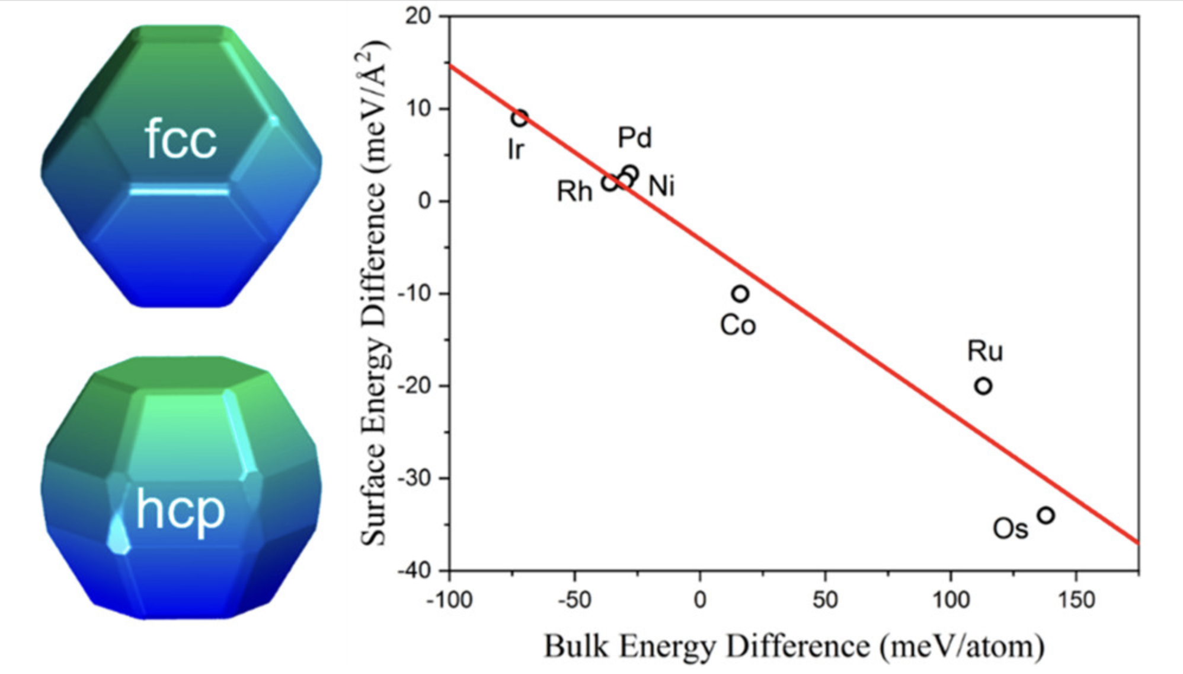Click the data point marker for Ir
pyautogui.click(x=520, y=118)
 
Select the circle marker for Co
pyautogui.click(x=740, y=294)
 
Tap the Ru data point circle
pyautogui.click(x=983, y=386)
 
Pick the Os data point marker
pyautogui.click(x=1046, y=515)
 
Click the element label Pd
pyautogui.click(x=635, y=138)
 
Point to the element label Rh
pyautogui.click(x=574, y=192)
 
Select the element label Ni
pyautogui.click(x=661, y=186)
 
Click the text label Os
pyautogui.click(x=1010, y=529)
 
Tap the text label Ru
pyautogui.click(x=985, y=351)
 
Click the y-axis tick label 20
pyautogui.click(x=418, y=16)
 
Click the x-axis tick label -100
pyautogui.click(x=449, y=600)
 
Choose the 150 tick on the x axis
pyautogui.click(x=1076, y=600)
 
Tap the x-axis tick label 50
pyautogui.click(x=825, y=600)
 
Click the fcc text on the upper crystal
pyautogui.click(x=181, y=139)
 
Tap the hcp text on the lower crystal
pyautogui.click(x=180, y=510)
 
